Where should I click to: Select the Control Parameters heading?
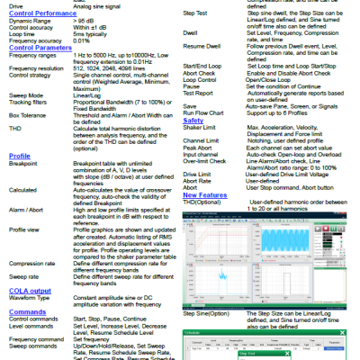click(40, 48)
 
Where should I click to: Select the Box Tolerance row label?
click(27, 116)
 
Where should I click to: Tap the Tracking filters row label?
click(29, 103)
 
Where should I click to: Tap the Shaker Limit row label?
click(201, 128)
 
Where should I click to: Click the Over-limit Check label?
click(207, 160)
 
